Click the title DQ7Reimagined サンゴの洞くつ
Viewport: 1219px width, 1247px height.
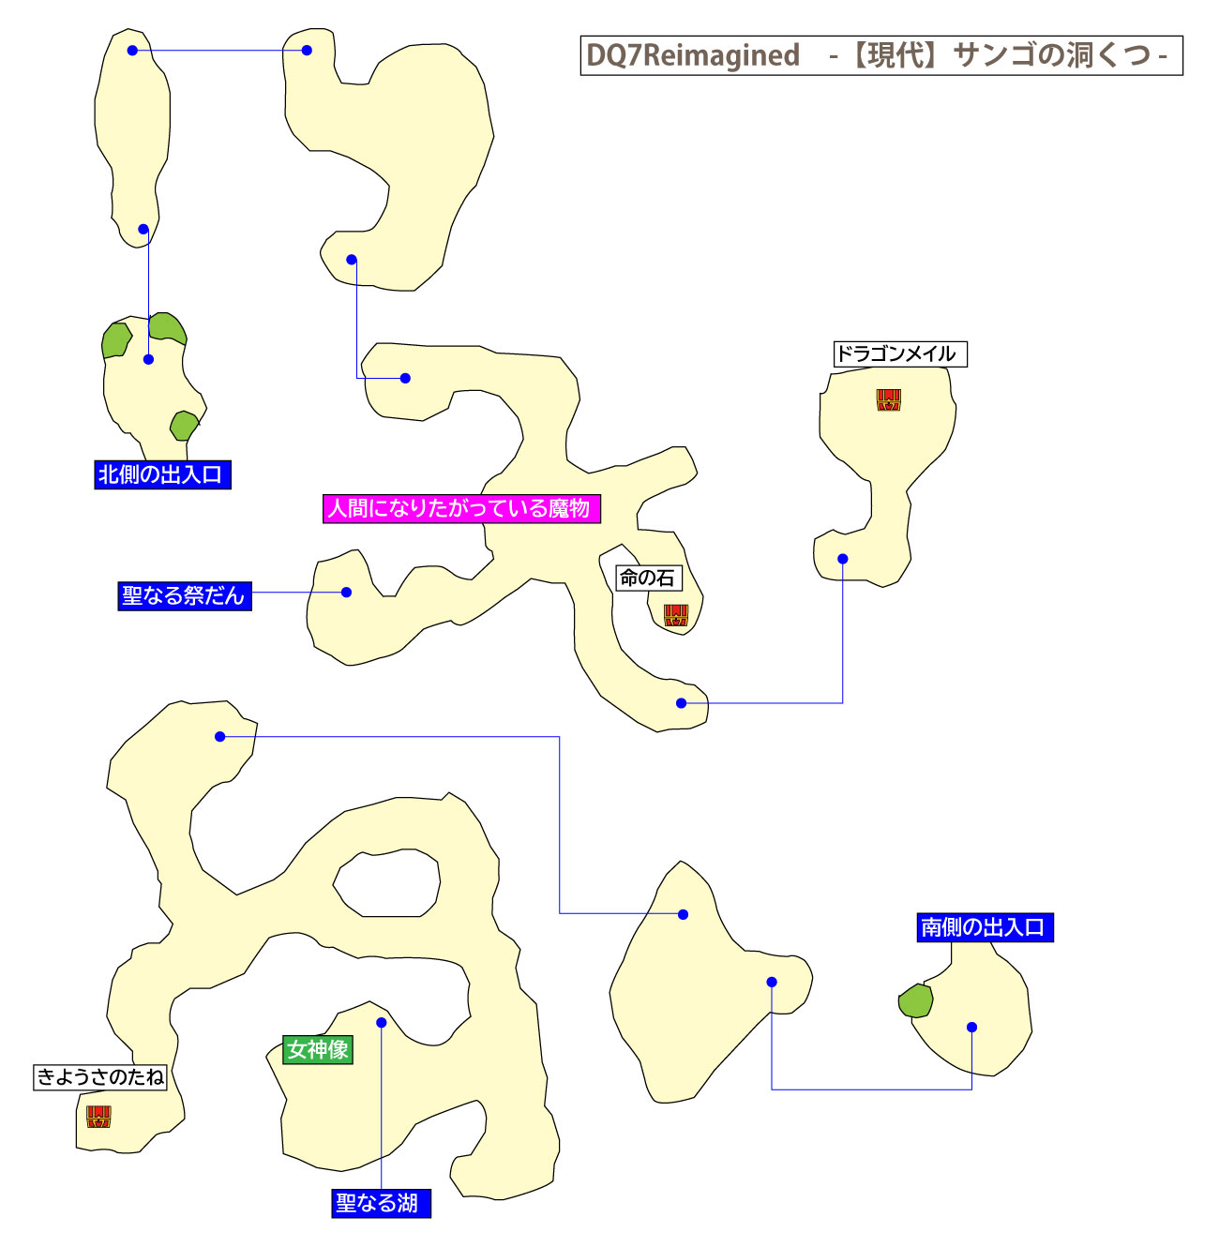(880, 55)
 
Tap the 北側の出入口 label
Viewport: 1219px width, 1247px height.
(161, 474)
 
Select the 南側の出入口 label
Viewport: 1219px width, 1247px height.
(984, 927)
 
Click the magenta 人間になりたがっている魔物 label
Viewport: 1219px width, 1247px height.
(460, 508)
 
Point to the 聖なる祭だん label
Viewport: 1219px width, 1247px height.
(184, 595)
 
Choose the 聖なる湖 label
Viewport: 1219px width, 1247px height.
(380, 1203)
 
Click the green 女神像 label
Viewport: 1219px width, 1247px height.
(318, 1049)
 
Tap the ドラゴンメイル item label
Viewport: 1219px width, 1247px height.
(898, 353)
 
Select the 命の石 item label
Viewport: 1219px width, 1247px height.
(647, 578)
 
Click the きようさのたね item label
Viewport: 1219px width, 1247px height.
(100, 1076)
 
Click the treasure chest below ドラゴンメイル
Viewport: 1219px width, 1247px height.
(888, 400)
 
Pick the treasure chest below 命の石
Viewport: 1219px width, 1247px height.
(676, 615)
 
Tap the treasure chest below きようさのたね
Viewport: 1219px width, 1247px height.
(98, 1116)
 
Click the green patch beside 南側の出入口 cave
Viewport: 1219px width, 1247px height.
(916, 1001)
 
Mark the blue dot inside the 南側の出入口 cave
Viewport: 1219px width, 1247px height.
(971, 1028)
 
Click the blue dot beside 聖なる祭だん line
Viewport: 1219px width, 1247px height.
(346, 593)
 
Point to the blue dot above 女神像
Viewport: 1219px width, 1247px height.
(381, 1023)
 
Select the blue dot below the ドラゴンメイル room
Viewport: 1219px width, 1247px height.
(842, 559)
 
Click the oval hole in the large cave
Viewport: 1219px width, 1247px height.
(387, 883)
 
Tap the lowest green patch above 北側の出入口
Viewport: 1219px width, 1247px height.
(184, 426)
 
